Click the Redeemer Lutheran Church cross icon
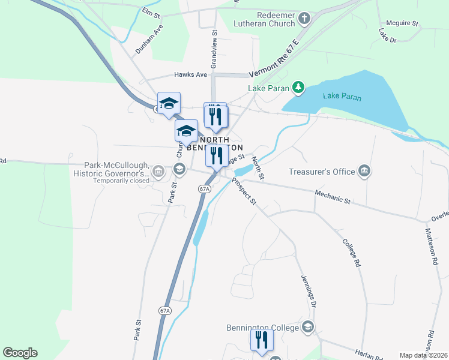(304, 19)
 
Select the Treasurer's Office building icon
(364, 172)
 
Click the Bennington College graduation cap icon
(308, 327)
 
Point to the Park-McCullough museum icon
(158, 173)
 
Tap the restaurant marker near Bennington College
(262, 341)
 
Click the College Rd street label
(351, 253)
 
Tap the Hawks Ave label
(190, 75)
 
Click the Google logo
(20, 353)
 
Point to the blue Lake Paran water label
(342, 96)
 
